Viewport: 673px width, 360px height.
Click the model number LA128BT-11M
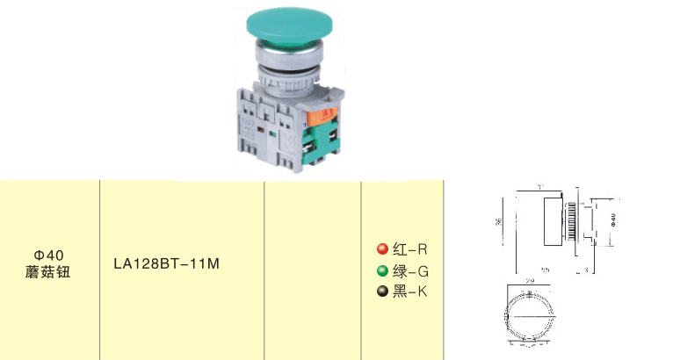tap(166, 262)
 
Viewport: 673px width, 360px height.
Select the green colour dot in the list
tap(382, 270)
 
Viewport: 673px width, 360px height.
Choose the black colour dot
tap(382, 292)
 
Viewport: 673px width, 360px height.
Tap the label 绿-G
tap(409, 270)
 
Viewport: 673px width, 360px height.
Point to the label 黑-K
tap(409, 292)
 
